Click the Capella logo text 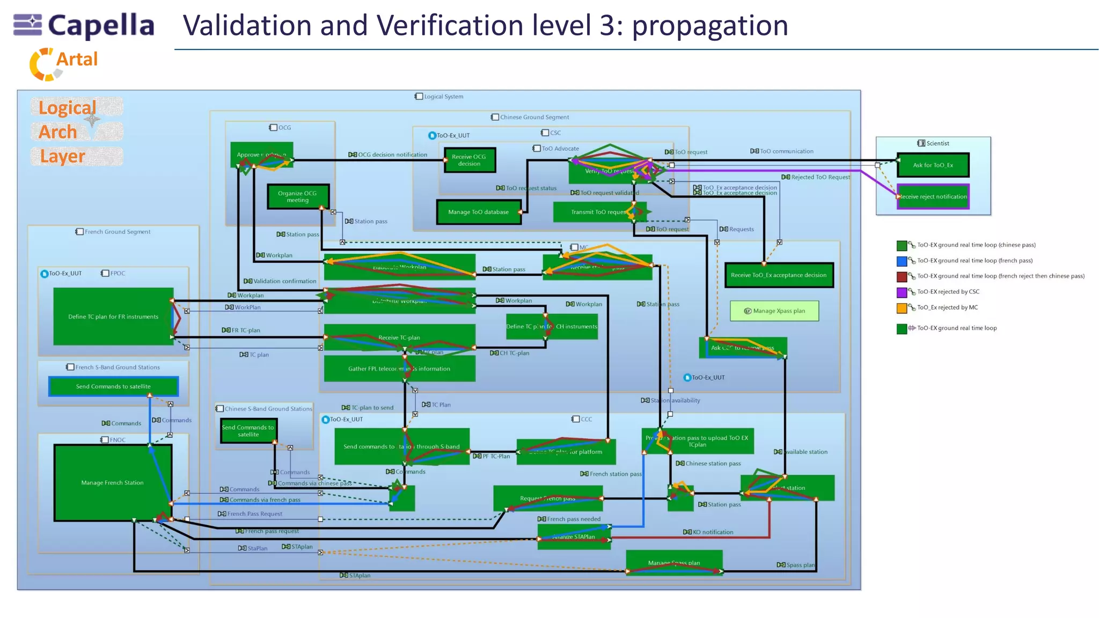pyautogui.click(x=101, y=26)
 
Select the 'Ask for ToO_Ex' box pyautogui.click(x=933, y=165)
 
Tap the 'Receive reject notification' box pyautogui.click(x=933, y=197)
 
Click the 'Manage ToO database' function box pyautogui.click(x=478, y=212)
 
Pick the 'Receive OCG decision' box pyautogui.click(x=469, y=160)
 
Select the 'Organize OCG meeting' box pyautogui.click(x=297, y=196)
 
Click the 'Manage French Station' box pyautogui.click(x=112, y=483)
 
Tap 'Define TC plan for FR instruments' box pyautogui.click(x=113, y=317)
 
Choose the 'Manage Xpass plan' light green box pyautogui.click(x=774, y=311)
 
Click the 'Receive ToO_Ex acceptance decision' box pyautogui.click(x=778, y=275)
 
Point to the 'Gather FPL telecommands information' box pyautogui.click(x=399, y=369)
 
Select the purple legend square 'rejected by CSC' pyautogui.click(x=902, y=292)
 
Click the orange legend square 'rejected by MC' pyautogui.click(x=902, y=308)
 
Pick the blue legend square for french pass pyautogui.click(x=902, y=261)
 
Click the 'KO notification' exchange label pyautogui.click(x=712, y=532)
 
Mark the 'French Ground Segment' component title pyautogui.click(x=117, y=232)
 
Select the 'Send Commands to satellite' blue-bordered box pyautogui.click(x=113, y=386)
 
